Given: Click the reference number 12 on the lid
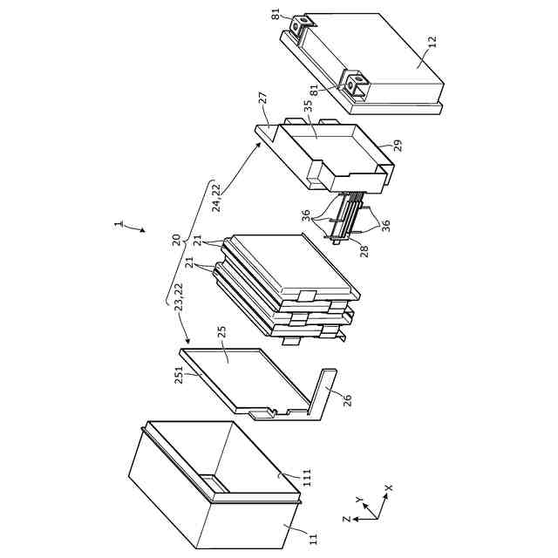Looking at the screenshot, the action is point(432,42).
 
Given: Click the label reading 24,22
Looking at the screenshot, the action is point(216,198).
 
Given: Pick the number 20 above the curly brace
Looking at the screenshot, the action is point(176,240).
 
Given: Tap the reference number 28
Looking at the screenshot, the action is point(364,251).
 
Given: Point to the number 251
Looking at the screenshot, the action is point(179,375).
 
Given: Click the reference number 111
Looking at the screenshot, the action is point(307,477).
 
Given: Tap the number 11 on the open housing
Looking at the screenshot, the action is point(313,539).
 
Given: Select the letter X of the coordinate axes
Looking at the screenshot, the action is point(389,487).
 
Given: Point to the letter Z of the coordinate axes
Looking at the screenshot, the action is point(347,520).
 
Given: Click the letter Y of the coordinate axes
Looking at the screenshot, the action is point(359,500).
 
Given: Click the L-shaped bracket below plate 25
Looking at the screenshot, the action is point(322,395).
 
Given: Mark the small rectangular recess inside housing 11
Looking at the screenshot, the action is point(213,483).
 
